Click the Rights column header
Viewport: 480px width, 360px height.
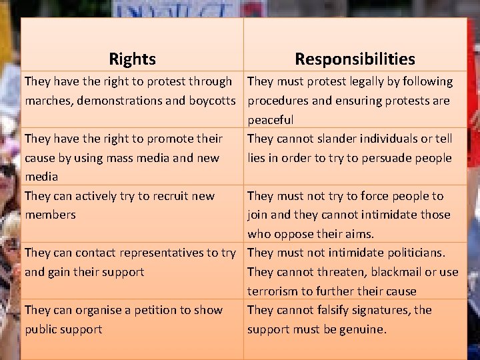(x=132, y=59)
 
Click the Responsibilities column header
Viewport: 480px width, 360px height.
(x=355, y=59)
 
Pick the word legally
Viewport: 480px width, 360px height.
(x=341, y=81)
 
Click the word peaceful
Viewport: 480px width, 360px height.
(x=270, y=120)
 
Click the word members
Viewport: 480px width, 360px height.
(x=50, y=215)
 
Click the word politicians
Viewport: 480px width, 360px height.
(x=413, y=253)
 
